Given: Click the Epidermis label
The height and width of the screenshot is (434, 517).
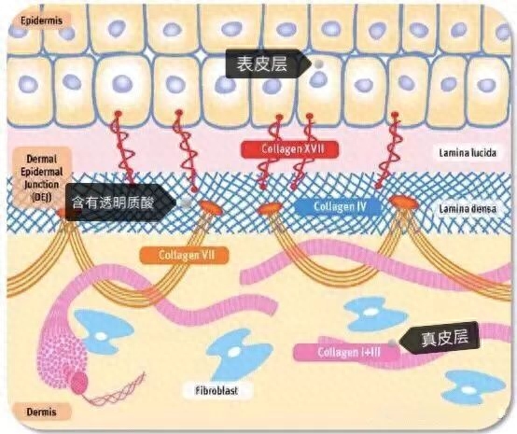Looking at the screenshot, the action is [x=41, y=21].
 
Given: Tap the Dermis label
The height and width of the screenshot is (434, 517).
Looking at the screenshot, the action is [x=41, y=412].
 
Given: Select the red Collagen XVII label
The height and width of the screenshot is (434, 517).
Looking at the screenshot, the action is [x=290, y=149].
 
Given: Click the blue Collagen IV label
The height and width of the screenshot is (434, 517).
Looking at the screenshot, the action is [x=338, y=207].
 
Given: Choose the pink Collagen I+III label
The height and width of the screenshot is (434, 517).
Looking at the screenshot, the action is [x=346, y=352].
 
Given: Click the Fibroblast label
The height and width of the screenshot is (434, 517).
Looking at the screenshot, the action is [x=217, y=391].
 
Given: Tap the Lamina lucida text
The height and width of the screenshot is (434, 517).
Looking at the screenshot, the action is [x=468, y=153].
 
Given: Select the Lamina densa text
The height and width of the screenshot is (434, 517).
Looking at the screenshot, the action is [x=468, y=208].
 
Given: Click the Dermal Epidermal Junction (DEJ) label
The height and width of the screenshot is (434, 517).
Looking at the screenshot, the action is [x=42, y=178].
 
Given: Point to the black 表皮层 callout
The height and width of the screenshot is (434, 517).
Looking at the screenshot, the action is [x=268, y=63].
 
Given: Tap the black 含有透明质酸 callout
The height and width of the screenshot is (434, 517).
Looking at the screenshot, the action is [x=119, y=203].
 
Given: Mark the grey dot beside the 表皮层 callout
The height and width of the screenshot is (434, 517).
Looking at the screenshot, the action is [x=318, y=64].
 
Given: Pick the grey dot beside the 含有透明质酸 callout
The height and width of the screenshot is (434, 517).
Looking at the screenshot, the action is [x=186, y=203].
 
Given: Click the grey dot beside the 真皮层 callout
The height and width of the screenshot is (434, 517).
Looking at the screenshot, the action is [x=392, y=343].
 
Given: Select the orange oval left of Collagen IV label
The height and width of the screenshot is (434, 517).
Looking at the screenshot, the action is [x=270, y=208].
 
